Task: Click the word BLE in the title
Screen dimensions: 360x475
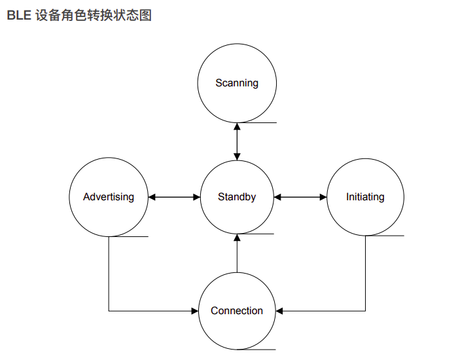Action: [18, 15]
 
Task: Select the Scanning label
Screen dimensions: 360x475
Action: [237, 83]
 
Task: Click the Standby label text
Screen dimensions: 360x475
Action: [237, 197]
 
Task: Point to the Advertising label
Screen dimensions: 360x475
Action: [109, 197]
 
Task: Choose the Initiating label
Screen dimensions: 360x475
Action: [365, 197]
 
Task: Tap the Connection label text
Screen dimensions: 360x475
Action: [237, 311]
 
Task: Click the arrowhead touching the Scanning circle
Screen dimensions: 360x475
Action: [237, 127]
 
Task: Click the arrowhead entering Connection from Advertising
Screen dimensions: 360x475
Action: [194, 311]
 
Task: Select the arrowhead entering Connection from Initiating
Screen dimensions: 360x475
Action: [279, 311]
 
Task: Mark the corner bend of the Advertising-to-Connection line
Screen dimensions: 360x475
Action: [109, 311]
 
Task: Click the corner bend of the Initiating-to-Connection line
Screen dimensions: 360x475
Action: [365, 311]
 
